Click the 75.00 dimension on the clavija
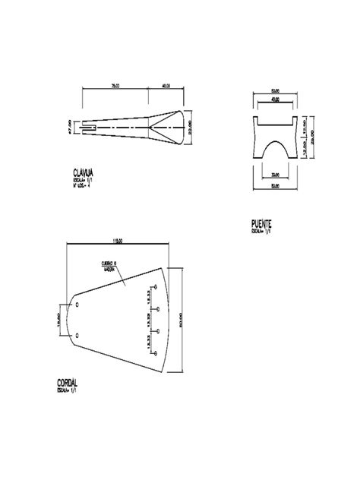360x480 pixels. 114,85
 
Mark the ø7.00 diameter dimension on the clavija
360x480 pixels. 69,128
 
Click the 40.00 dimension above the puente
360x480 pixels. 273,99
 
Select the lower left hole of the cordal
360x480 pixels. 77,334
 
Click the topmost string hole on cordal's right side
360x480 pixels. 156,287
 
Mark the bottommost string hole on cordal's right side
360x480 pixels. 156,352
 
